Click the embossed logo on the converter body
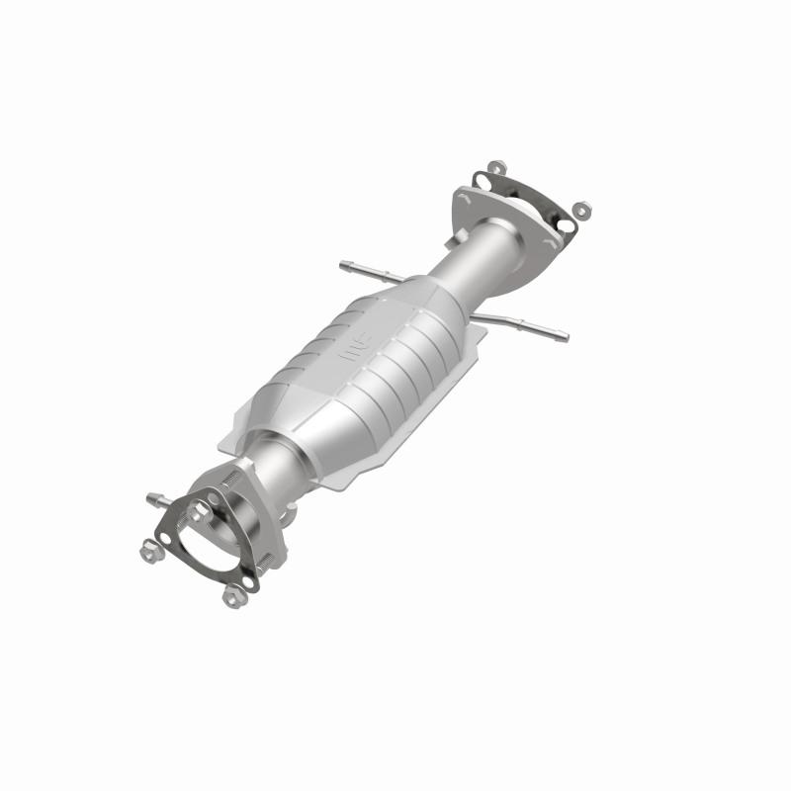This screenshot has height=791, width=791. (x=353, y=348)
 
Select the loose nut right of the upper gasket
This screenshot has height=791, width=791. (x=581, y=210)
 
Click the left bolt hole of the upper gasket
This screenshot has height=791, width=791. (x=482, y=181)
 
